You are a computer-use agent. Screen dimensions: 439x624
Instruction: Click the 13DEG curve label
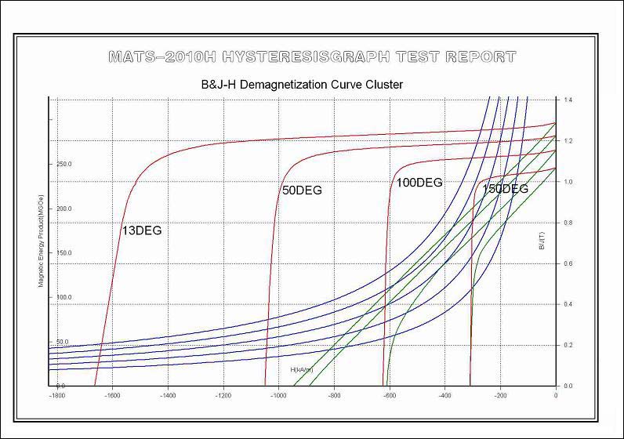(x=141, y=230)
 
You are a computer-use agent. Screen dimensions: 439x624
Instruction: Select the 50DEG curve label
(x=302, y=190)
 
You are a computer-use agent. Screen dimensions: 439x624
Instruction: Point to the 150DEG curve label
(x=505, y=189)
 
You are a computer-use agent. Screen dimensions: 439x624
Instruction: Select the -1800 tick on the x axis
(x=56, y=397)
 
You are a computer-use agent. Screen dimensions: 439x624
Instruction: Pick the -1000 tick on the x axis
(x=278, y=397)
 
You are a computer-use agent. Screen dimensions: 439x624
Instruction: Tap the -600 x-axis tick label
(x=389, y=397)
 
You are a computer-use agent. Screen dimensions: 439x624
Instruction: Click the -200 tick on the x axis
(x=499, y=397)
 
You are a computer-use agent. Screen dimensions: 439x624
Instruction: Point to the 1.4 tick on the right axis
(x=568, y=100)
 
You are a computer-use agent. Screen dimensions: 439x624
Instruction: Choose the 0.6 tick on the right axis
(x=568, y=263)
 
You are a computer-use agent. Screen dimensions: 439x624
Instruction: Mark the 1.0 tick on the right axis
(x=568, y=182)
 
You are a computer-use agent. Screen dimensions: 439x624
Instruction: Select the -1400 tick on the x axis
(x=167, y=397)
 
